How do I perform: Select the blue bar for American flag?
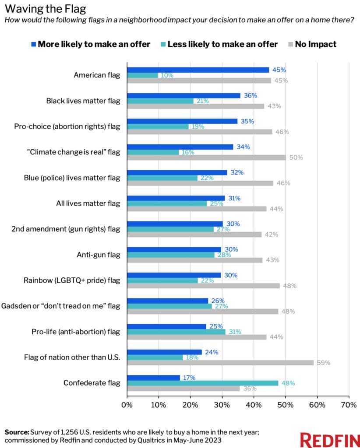click(198, 70)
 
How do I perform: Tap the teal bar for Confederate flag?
click(202, 383)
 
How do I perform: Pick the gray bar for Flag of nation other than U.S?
click(220, 363)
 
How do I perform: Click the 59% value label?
click(324, 363)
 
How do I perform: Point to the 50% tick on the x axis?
click(286, 405)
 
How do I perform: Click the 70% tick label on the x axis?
click(349, 405)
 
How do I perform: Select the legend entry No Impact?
click(316, 44)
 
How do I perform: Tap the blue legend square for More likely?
click(33, 44)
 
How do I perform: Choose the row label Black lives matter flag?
click(83, 101)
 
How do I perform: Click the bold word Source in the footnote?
click(17, 432)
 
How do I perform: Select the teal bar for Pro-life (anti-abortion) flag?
click(176, 332)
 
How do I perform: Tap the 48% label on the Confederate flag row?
click(288, 383)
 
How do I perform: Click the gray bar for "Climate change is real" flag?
click(206, 157)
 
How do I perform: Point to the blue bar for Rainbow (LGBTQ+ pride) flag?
click(174, 275)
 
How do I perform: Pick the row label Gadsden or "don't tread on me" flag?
click(69, 306)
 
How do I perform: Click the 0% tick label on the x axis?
click(127, 405)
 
